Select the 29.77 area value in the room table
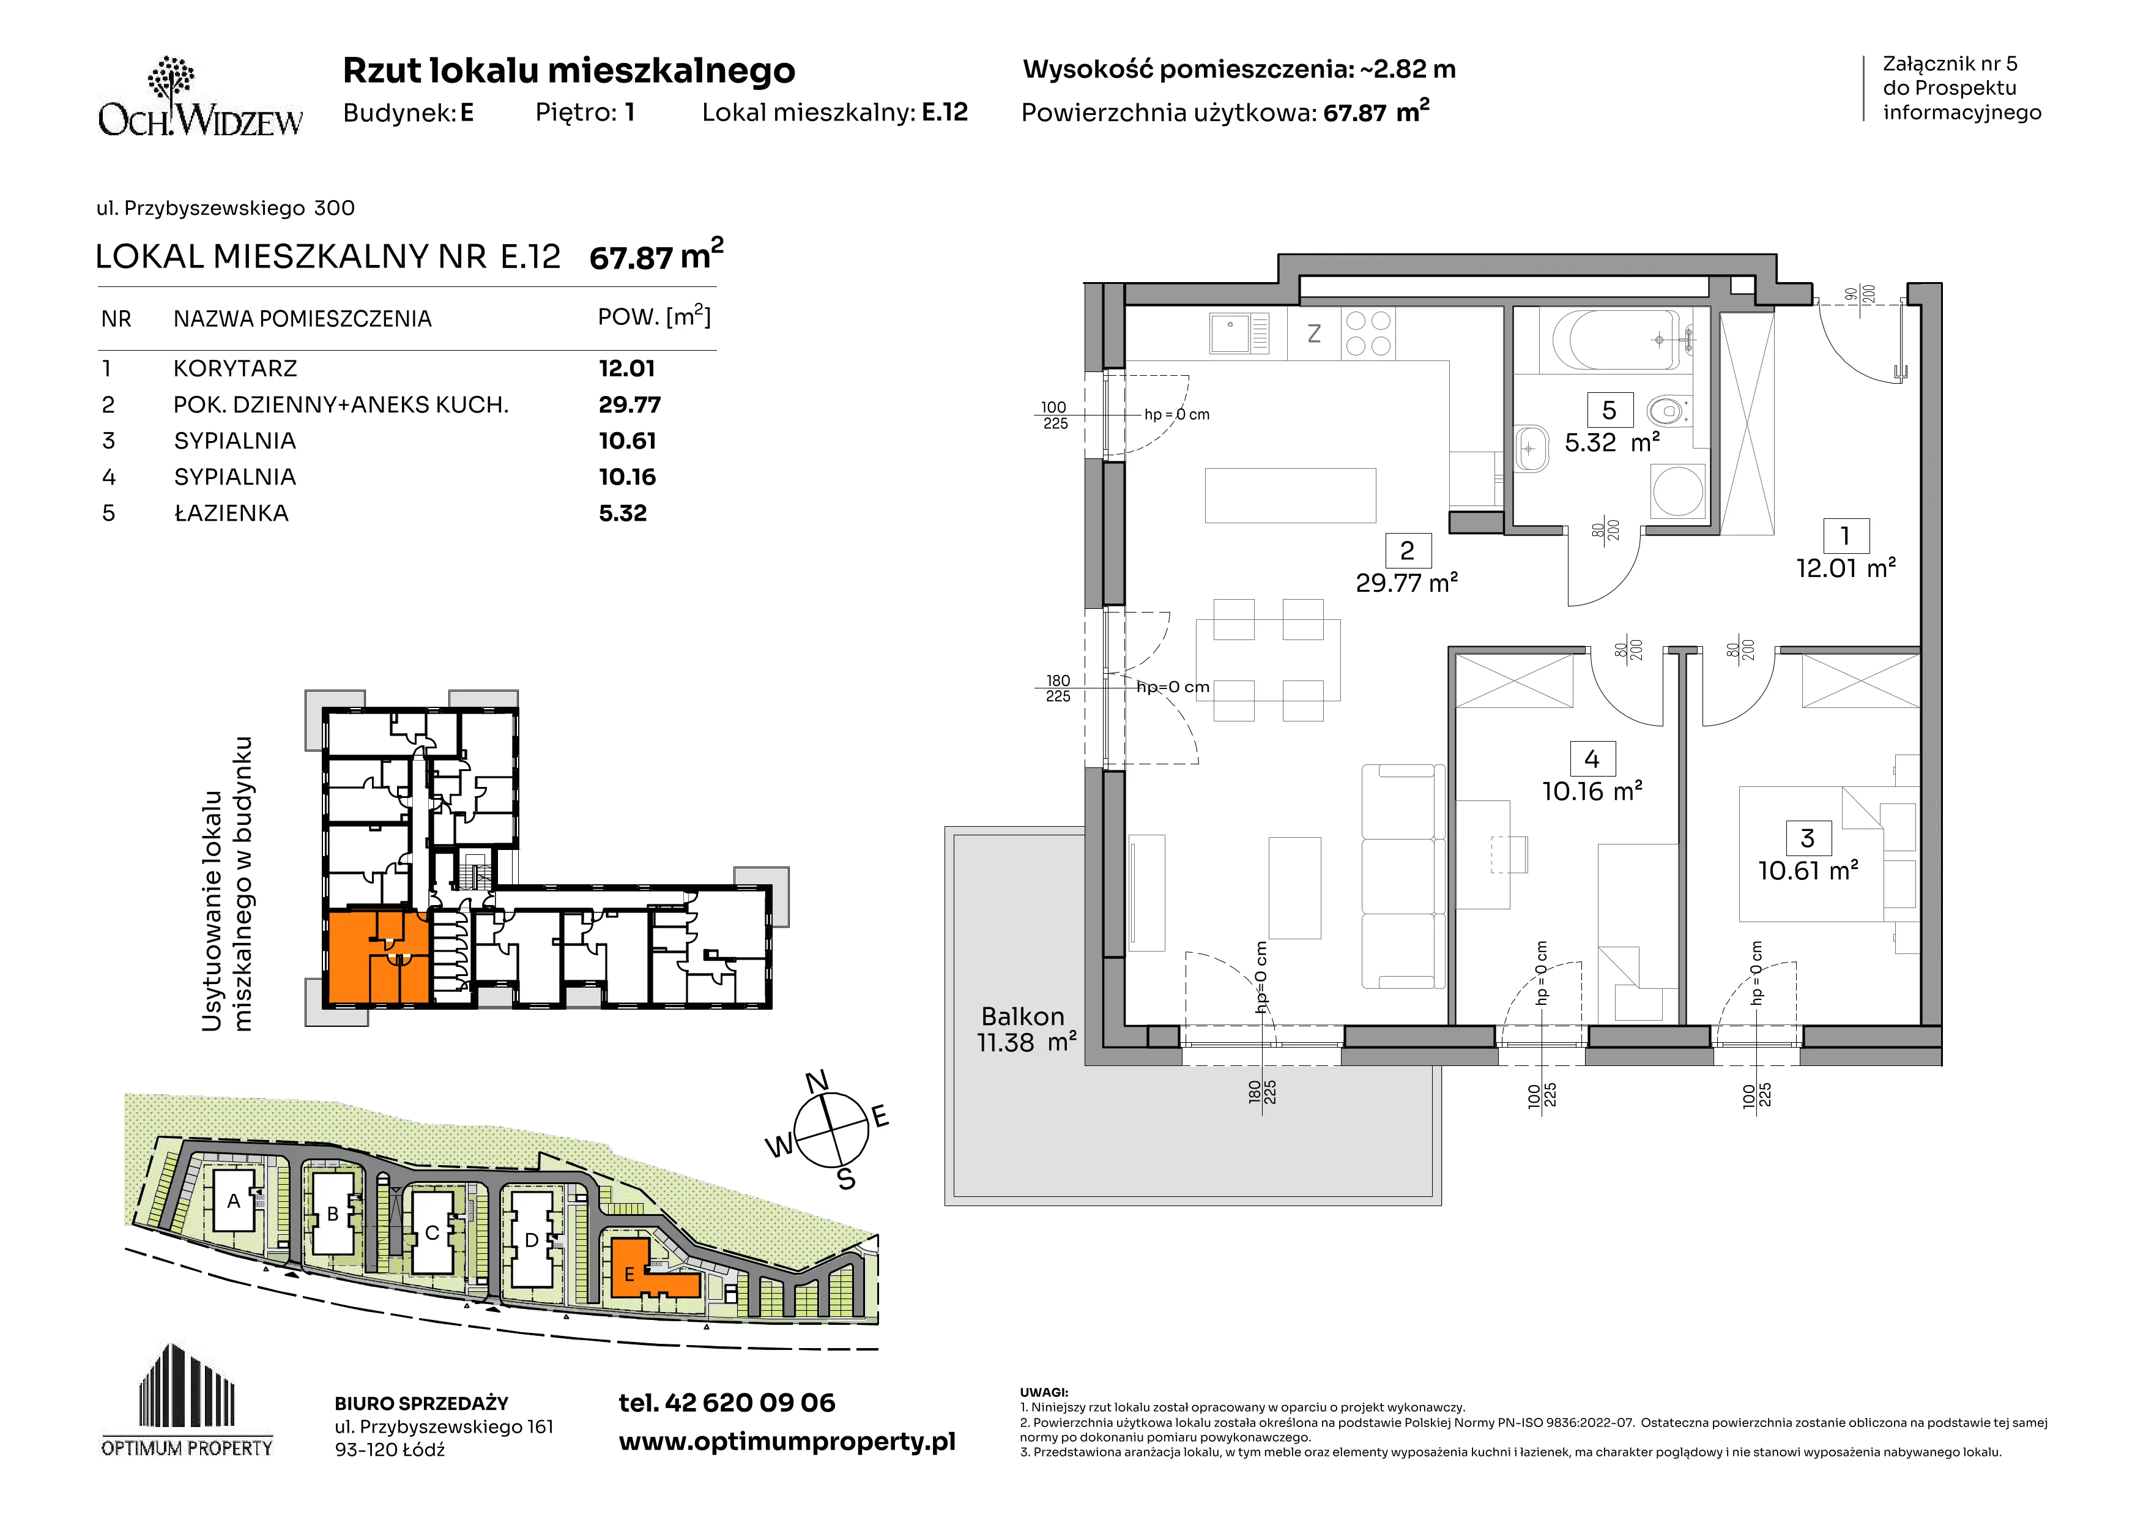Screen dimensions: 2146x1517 coord(629,404)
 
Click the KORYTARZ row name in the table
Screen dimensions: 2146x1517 coord(236,368)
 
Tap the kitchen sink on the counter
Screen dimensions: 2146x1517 coord(1239,334)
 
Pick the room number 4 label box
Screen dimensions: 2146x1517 coord(1592,759)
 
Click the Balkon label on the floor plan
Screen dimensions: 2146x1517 coord(1022,1016)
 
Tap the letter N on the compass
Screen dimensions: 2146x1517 coord(817,1081)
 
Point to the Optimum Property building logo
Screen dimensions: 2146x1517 coord(187,1400)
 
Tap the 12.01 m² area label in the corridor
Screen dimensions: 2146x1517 coord(1846,567)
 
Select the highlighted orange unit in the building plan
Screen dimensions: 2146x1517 coord(377,957)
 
